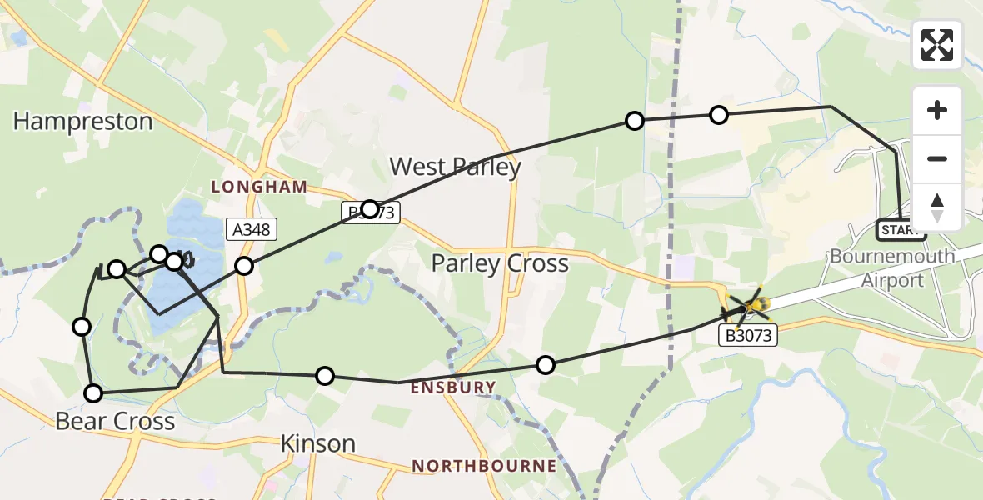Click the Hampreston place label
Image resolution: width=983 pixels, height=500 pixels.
point(82,122)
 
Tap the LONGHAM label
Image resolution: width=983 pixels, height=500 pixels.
point(259,187)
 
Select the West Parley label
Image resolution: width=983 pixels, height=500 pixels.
point(455,167)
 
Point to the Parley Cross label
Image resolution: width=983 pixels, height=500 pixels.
point(499,264)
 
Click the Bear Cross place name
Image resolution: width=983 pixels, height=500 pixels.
point(115,421)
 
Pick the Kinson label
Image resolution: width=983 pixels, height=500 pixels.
point(318,443)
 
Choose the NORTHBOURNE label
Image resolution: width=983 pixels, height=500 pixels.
point(484,465)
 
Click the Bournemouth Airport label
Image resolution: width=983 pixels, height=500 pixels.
point(892,267)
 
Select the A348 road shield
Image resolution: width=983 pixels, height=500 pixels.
point(251,228)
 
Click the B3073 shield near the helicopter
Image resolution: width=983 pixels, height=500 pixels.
point(748,336)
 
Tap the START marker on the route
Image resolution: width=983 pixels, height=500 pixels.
point(901,229)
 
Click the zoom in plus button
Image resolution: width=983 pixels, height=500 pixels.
point(937,110)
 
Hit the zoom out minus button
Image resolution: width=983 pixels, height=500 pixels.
point(937,158)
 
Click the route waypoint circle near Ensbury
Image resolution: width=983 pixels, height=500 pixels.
point(545,364)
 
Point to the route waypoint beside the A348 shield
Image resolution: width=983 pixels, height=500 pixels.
point(243,266)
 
